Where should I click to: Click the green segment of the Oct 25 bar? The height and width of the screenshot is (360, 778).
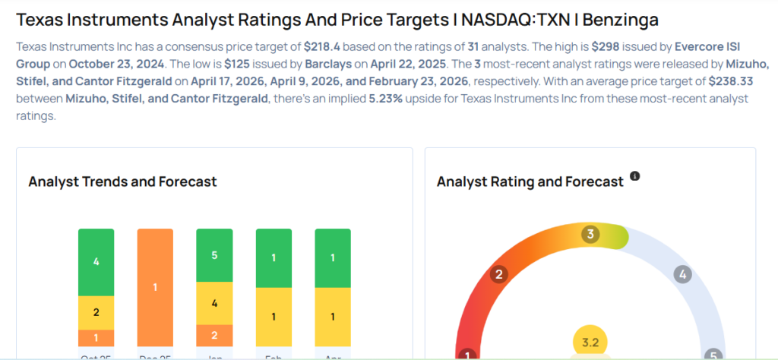click(96, 261)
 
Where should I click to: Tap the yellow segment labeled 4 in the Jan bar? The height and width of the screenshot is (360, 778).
click(214, 303)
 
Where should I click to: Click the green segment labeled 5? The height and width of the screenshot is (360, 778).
click(214, 255)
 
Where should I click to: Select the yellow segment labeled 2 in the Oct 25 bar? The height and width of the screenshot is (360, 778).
click(96, 312)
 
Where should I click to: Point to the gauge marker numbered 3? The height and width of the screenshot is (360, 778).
click(589, 234)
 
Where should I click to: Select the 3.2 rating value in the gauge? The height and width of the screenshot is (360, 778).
click(590, 343)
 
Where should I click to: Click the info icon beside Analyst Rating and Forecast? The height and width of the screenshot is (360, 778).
click(635, 176)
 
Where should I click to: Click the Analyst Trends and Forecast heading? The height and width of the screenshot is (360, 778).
click(122, 182)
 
